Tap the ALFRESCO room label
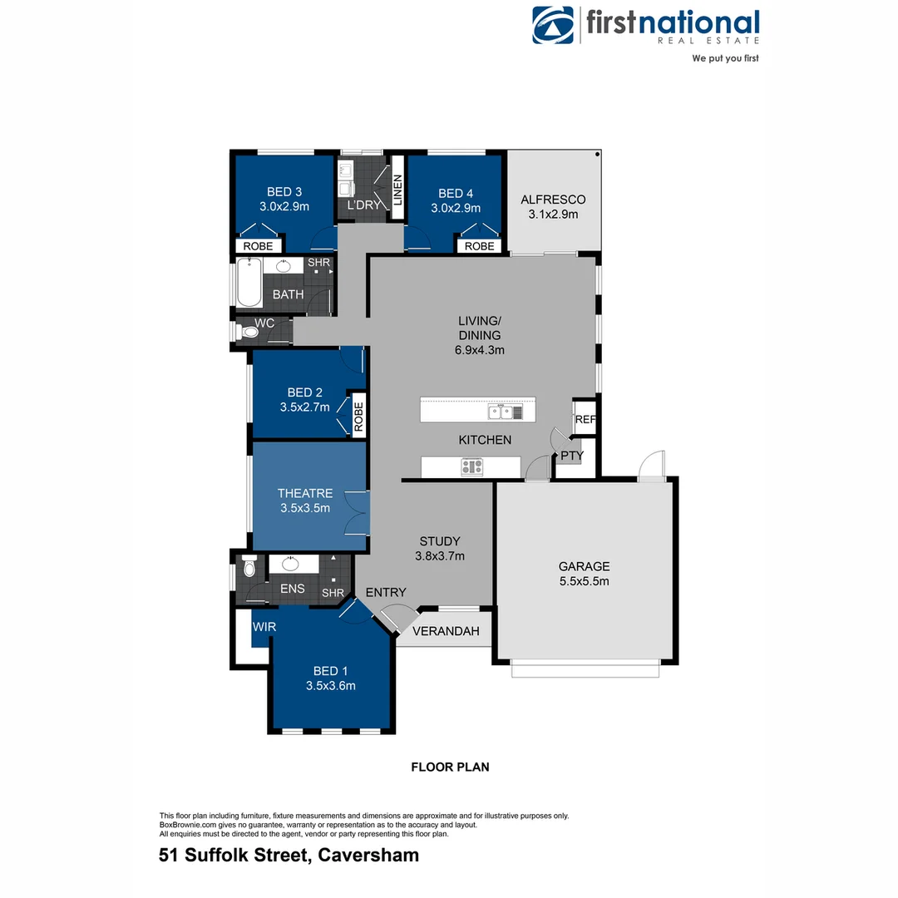pyautogui.click(x=553, y=200)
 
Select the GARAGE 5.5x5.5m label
pyautogui.click(x=584, y=574)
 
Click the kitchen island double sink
pyautogui.click(x=500, y=411)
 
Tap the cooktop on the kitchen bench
pyautogui.click(x=472, y=467)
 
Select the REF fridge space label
pyautogui.click(x=585, y=420)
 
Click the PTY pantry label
pyautogui.click(x=571, y=456)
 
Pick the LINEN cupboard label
pyautogui.click(x=397, y=190)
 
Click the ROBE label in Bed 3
pyautogui.click(x=258, y=246)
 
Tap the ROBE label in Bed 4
pyautogui.click(x=479, y=246)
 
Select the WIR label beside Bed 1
pyautogui.click(x=264, y=626)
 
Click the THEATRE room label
pyautogui.click(x=305, y=493)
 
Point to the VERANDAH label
pyautogui.click(x=447, y=631)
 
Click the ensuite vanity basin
pyautogui.click(x=290, y=565)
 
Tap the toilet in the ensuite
pyautogui.click(x=249, y=570)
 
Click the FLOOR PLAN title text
pyautogui.click(x=450, y=767)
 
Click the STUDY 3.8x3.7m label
pyautogui.click(x=439, y=548)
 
